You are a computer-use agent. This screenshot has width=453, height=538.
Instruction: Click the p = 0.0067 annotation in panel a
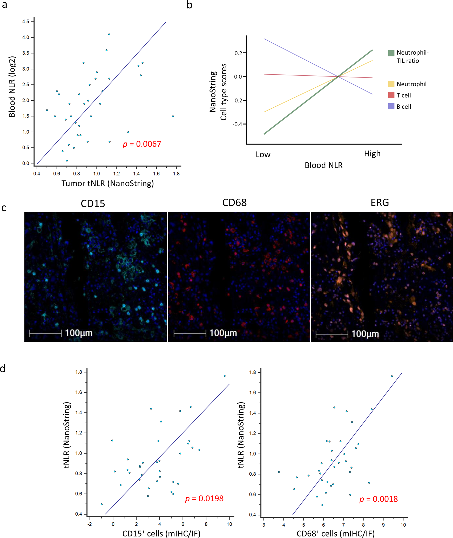coord(142,144)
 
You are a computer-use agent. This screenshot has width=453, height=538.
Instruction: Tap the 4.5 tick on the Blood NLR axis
coord(26,22)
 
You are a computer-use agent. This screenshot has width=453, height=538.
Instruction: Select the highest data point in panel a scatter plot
coord(109,34)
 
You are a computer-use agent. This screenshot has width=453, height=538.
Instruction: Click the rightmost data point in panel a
coord(173,116)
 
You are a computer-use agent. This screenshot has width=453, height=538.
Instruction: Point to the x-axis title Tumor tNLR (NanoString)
coord(107,183)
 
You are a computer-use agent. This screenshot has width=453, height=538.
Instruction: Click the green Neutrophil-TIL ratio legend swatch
coord(391,53)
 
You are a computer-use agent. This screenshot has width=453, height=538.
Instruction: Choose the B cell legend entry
coord(403,107)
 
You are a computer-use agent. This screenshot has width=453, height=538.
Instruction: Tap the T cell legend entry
coord(403,95)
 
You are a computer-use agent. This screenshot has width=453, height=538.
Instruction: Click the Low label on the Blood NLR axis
coord(263,154)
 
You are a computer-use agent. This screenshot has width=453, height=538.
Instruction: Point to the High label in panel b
coord(372,154)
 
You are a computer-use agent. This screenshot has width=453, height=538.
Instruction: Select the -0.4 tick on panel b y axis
coord(238,124)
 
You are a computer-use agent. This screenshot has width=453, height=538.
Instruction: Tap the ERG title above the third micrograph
coord(380,203)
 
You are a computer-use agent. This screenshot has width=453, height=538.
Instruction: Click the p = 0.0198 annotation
coord(204,498)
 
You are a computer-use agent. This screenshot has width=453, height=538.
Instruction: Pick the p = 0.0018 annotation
coord(378,499)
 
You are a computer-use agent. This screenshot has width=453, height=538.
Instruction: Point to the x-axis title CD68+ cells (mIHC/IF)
coord(335,533)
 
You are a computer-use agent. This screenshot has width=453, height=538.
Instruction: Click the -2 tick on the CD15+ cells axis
coord(90,524)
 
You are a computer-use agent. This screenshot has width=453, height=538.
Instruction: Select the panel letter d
coord(3,369)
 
